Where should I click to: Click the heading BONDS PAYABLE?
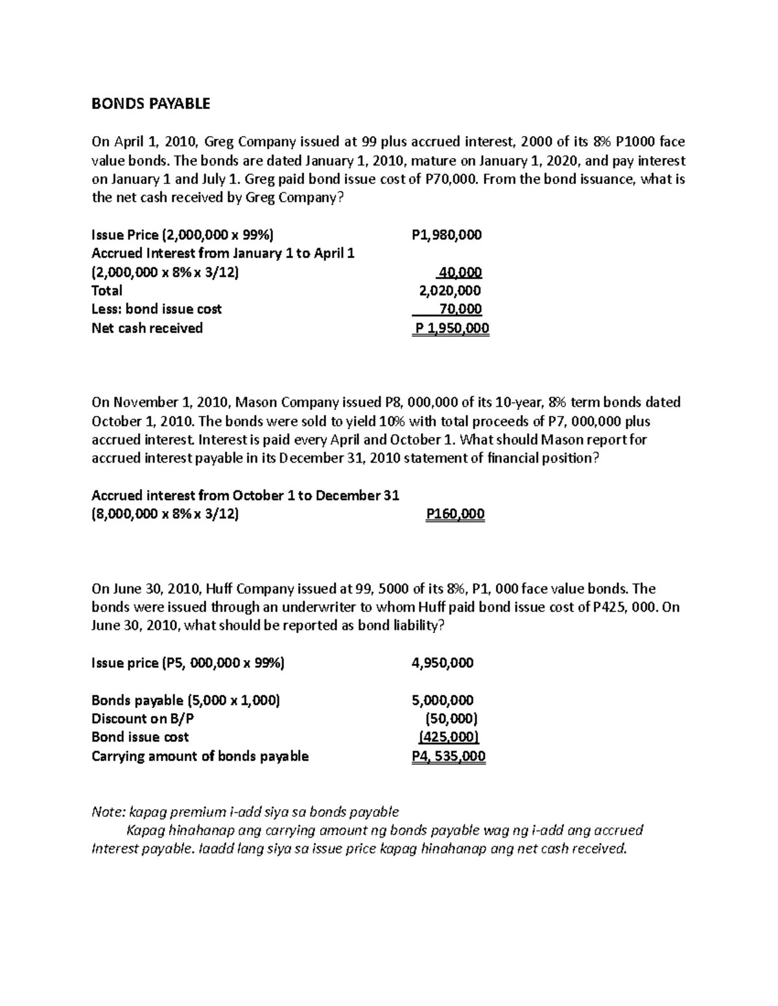point(151,104)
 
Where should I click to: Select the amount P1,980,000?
point(447,234)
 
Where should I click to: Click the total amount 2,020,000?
point(451,291)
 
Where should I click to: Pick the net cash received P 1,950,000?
point(452,328)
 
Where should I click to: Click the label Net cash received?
point(147,328)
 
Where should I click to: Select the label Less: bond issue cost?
point(156,309)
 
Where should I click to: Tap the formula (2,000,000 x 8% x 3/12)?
point(165,272)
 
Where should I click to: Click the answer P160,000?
point(455,514)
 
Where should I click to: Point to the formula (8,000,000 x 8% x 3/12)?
point(165,514)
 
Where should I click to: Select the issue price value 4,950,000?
point(443,663)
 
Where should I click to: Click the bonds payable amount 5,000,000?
point(443,700)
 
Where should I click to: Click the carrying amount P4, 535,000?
point(449,756)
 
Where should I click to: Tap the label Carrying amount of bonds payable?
point(200,756)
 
